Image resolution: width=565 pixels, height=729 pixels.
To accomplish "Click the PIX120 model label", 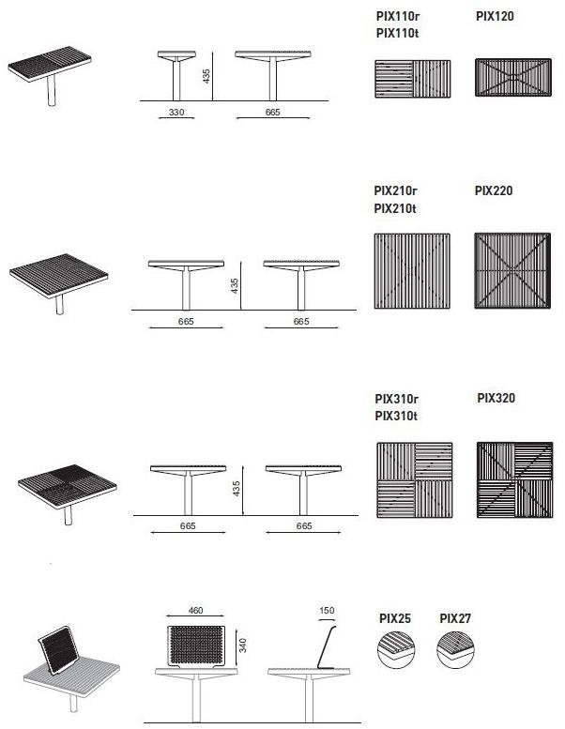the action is click(x=495, y=16).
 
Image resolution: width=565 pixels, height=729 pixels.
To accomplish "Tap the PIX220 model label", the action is click(x=494, y=190).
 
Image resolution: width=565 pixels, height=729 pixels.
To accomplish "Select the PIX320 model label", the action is click(x=496, y=398).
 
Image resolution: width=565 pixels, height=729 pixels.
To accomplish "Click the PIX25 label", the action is click(x=395, y=618).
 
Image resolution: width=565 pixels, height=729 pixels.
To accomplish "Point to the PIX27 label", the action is click(x=455, y=618).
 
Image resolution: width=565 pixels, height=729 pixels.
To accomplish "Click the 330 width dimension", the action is click(x=176, y=112).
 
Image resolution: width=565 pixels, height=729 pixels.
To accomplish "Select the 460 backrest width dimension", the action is click(x=196, y=611).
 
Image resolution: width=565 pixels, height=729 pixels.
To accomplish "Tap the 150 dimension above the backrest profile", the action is click(x=327, y=611).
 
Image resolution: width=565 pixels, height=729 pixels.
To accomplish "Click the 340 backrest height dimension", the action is click(x=243, y=645).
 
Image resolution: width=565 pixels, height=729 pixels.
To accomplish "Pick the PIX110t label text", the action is click(x=398, y=34).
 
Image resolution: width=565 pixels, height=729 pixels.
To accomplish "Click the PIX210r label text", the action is click(x=396, y=190).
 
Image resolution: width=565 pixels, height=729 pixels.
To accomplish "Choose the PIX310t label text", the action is click(x=396, y=416).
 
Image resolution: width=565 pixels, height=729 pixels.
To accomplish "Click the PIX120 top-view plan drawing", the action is click(x=513, y=77).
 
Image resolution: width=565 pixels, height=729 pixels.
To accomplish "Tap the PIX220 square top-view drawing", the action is click(x=512, y=270).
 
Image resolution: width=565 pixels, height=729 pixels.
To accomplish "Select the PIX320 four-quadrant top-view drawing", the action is click(x=515, y=479).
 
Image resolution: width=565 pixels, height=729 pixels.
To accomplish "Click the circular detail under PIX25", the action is click(x=396, y=649).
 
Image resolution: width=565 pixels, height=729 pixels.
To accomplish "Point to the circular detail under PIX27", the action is click(x=455, y=649).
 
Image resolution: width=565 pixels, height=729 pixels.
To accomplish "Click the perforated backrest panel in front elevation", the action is click(x=196, y=645).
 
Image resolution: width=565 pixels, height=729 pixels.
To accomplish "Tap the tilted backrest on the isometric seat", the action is click(x=58, y=650).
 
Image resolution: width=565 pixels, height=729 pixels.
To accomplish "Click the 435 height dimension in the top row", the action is click(x=206, y=76).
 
